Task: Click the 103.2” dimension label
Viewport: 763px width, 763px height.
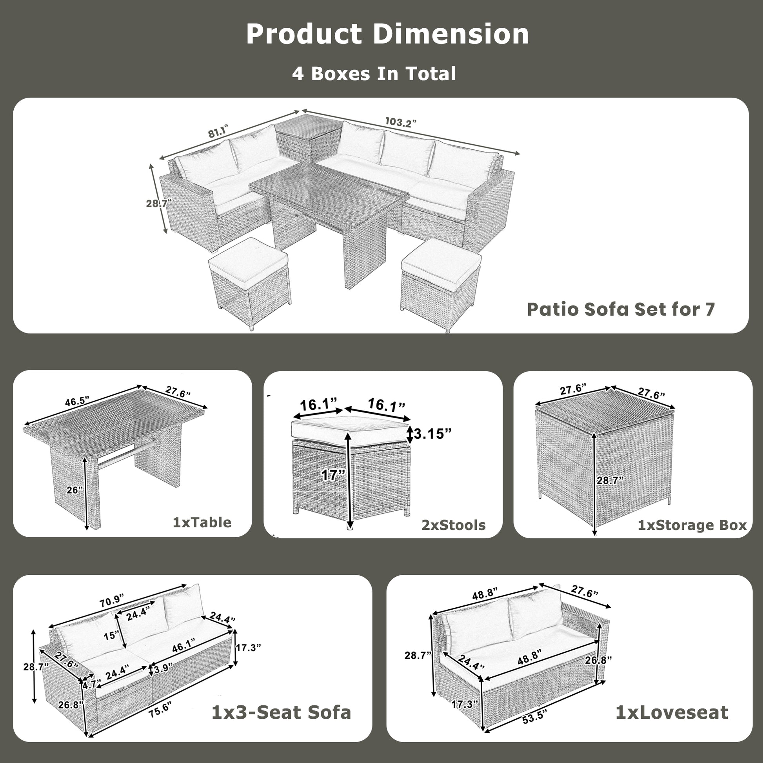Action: [401, 122]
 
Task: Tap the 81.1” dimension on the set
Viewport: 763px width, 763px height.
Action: [218, 131]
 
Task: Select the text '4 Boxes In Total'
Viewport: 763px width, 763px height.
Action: [374, 74]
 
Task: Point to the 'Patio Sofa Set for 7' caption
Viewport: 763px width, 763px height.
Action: [621, 309]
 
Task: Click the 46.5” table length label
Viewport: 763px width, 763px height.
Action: [77, 401]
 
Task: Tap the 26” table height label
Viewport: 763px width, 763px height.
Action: [75, 490]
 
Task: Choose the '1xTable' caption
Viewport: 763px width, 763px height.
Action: [202, 523]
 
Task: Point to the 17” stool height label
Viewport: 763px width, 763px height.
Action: [333, 475]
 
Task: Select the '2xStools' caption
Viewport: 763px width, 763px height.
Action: [453, 525]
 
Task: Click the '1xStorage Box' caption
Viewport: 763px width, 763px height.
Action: [692, 525]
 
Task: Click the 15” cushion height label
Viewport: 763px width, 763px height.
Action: [111, 636]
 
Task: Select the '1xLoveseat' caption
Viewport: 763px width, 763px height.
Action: [672, 712]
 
